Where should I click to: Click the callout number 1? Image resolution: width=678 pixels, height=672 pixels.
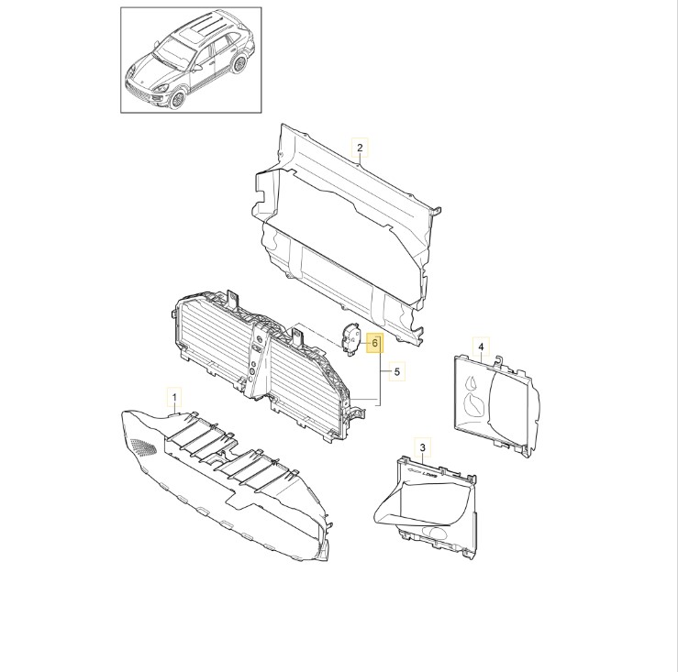point(174,397)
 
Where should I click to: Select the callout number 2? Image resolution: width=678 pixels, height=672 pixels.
point(361,148)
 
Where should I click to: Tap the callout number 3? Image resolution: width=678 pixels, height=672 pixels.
point(423,446)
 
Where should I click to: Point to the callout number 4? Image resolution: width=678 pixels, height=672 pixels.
point(481,347)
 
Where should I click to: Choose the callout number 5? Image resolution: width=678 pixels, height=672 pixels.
point(397,371)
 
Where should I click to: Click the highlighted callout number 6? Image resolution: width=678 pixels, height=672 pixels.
point(374,343)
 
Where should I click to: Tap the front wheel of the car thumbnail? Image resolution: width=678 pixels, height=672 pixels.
point(176,99)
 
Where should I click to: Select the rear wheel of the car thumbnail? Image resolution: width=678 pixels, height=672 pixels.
point(239,64)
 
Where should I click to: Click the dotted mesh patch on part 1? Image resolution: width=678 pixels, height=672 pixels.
point(143,446)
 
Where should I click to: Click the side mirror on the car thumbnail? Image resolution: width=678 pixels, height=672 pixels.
point(197,68)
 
